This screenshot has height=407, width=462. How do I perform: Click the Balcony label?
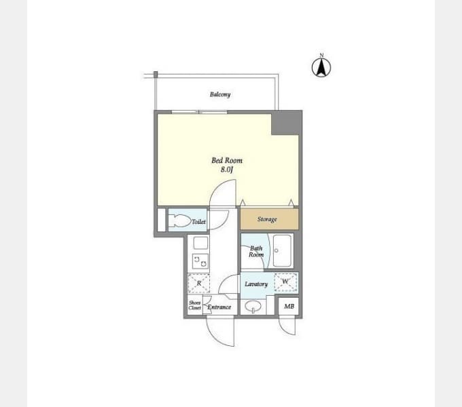220,94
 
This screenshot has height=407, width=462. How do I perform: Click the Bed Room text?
227,161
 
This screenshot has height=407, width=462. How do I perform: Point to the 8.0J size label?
227,170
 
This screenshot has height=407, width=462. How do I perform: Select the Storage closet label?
267,219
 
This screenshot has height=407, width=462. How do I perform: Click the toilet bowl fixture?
179,221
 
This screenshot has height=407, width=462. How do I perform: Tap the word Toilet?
199,222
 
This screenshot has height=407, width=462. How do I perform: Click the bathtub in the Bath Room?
282,250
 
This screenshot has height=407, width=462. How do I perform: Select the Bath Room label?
256,252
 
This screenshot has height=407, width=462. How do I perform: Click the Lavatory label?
256,284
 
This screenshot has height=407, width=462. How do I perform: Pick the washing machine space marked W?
285,282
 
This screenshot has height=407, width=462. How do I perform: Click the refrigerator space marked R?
199,284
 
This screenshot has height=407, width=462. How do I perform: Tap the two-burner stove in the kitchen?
200,261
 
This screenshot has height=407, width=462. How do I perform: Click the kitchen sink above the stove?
200,244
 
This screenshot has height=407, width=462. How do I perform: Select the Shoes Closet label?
195,305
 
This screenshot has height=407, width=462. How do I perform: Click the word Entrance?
219,307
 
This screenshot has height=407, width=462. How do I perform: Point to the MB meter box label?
289,307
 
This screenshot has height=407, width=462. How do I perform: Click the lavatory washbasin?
253,306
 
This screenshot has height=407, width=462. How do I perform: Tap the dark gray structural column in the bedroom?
285,123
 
